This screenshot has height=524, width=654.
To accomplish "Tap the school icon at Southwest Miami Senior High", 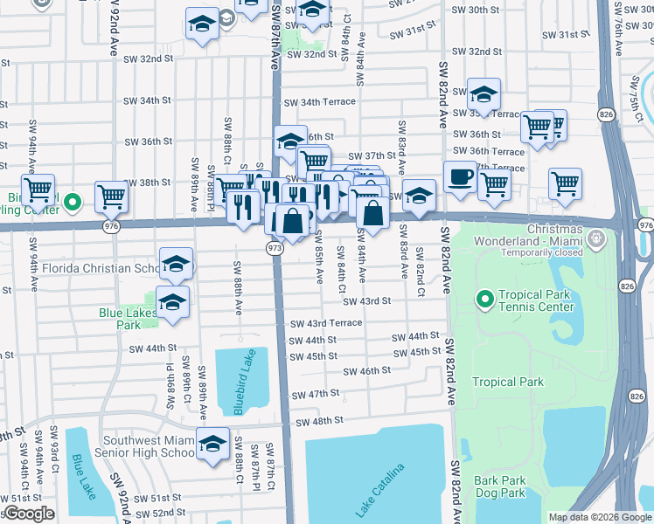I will point(212,444).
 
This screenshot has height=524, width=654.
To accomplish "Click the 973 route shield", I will point(275,248).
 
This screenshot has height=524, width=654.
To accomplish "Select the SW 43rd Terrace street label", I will point(326,323).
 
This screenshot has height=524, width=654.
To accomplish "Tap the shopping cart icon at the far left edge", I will point(38,190).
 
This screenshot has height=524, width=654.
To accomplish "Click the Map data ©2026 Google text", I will point(599,517).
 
